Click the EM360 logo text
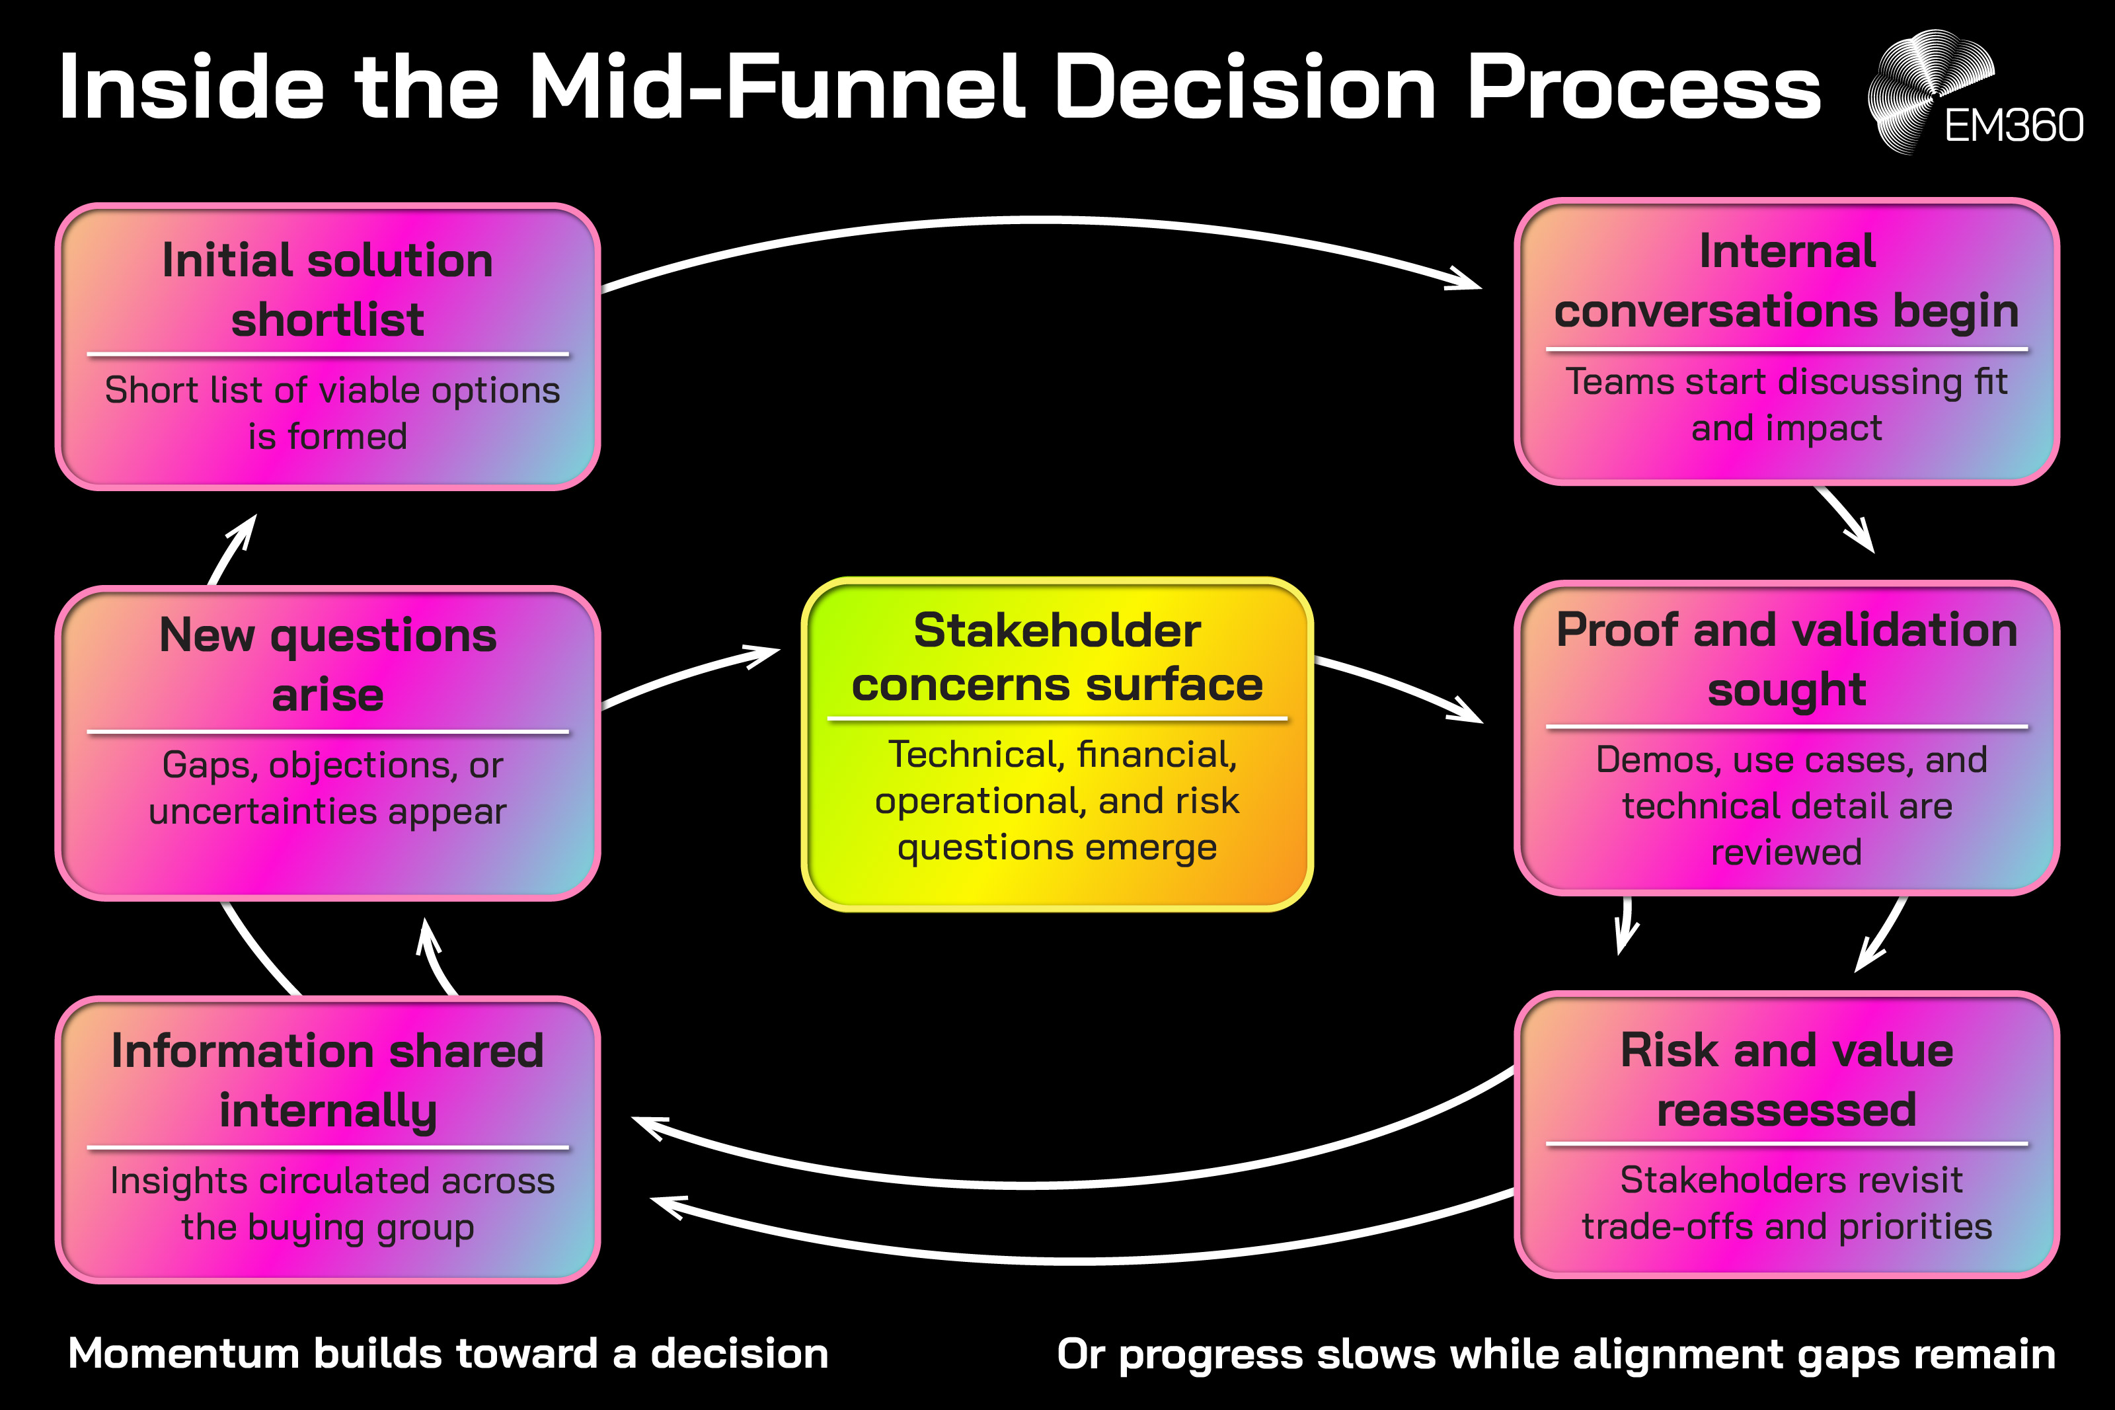pos(2013,126)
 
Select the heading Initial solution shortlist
pos(327,289)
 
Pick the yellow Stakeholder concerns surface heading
pos(1057,657)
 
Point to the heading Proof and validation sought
pos(1786,659)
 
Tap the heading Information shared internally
pos(327,1080)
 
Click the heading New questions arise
pos(327,664)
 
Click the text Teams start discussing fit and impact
pos(1786,405)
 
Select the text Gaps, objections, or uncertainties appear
pos(327,788)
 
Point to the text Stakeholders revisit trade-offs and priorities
pos(1786,1203)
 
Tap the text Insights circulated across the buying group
pos(327,1204)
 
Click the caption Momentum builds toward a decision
pos(447,1353)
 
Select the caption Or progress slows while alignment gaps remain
pos(1556,1353)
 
